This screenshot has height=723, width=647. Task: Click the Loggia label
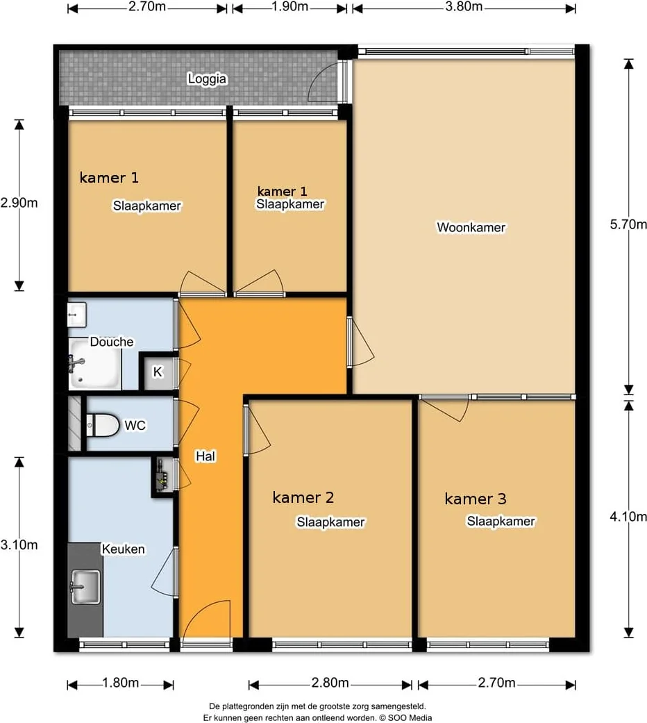click(x=207, y=79)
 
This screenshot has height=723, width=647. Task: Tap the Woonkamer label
click(x=471, y=227)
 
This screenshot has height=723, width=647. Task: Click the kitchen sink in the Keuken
click(x=85, y=587)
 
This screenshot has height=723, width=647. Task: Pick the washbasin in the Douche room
click(x=76, y=315)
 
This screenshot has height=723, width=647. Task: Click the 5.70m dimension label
click(x=628, y=224)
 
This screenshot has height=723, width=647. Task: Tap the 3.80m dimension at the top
click(x=464, y=6)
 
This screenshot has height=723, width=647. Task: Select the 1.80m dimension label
click(x=120, y=683)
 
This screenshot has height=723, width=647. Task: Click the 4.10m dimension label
click(x=628, y=517)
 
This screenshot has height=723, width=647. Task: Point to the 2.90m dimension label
click(x=19, y=203)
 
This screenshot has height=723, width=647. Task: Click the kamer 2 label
click(x=303, y=497)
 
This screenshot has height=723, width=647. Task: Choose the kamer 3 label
click(x=475, y=499)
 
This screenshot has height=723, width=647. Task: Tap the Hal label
click(x=205, y=456)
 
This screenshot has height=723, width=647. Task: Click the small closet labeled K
click(x=158, y=372)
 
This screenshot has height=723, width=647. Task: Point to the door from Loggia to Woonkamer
click(x=327, y=81)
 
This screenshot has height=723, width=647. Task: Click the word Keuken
click(x=123, y=549)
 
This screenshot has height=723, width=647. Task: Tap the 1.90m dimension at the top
click(x=289, y=6)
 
